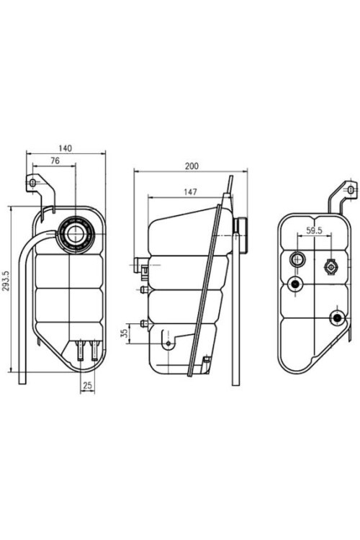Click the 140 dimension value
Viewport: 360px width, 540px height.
click(66, 148)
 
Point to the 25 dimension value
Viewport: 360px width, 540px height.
click(86, 386)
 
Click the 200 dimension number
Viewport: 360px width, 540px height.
click(191, 166)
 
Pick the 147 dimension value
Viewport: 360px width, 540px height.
click(190, 192)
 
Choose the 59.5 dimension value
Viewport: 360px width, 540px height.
click(314, 231)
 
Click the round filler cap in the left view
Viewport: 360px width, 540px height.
click(75, 234)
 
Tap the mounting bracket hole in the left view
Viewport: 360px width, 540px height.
click(32, 184)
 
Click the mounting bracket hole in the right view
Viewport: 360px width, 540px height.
click(351, 190)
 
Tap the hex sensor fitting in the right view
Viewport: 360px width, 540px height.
click(330, 266)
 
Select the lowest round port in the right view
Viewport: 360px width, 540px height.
click(336, 318)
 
